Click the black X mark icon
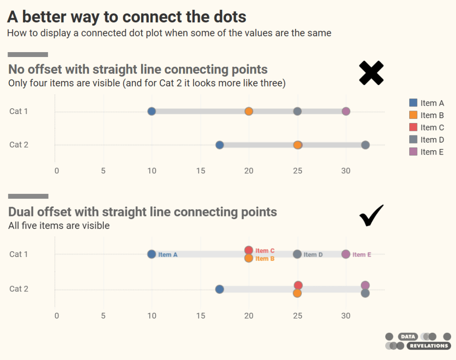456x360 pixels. click(371, 73)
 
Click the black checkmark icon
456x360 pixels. click(371, 216)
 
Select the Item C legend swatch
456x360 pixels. click(413, 127)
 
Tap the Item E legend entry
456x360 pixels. click(426, 152)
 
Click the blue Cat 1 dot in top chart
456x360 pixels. click(151, 111)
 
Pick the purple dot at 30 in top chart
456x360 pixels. click(346, 111)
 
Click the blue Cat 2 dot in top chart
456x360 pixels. click(219, 145)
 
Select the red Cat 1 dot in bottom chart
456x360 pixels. click(248, 250)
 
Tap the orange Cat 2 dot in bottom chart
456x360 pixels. click(297, 293)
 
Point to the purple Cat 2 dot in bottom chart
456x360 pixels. click(365, 285)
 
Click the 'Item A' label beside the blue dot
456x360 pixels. click(168, 255)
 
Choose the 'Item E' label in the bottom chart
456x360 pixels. click(362, 255)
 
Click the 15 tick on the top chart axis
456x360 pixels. click(200, 171)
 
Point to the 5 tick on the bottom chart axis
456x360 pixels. click(103, 316)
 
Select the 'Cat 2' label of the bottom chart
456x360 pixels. click(19, 289)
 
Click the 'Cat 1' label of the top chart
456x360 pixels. click(19, 111)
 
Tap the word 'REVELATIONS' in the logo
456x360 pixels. click(429, 346)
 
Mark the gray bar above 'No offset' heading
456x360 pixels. click(28, 55)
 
